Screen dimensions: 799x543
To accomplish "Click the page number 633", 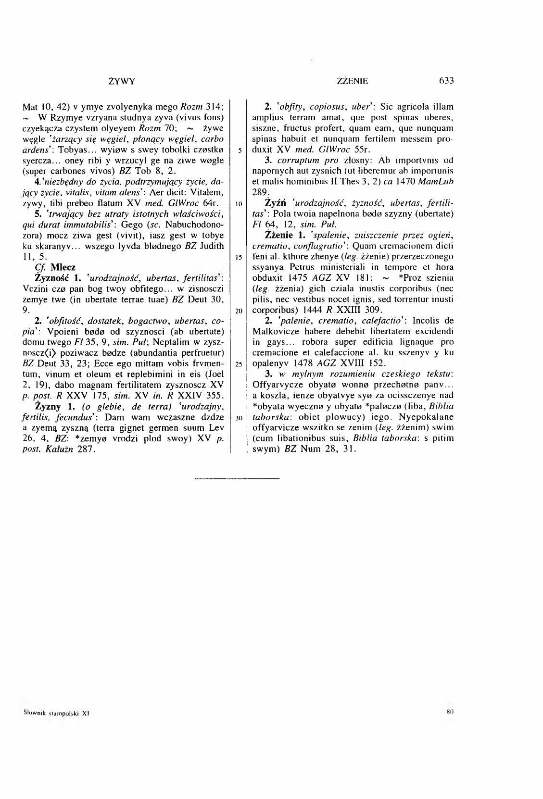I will tap(446, 81).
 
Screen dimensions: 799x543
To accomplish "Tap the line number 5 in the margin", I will tap(239, 151).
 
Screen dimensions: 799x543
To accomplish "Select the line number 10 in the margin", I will tap(239, 204).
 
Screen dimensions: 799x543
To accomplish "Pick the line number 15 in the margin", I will tap(239, 257).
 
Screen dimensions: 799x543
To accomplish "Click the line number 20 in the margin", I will tap(239, 311).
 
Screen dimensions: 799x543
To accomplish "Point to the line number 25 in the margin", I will tap(239, 364).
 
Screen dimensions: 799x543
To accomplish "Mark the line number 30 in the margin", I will tap(239, 417).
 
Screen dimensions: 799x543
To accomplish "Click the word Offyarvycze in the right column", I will tap(274, 385).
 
